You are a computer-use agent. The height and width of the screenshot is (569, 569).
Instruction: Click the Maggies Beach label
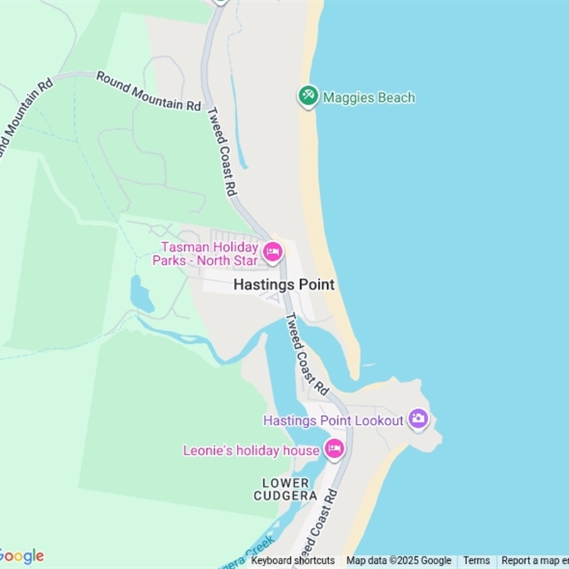point(368,97)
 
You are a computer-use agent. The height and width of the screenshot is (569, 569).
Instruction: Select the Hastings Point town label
point(284,284)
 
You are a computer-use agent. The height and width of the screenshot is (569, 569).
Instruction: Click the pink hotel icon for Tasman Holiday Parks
point(272,252)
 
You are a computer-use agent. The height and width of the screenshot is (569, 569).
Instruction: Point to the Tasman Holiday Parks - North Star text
point(206,254)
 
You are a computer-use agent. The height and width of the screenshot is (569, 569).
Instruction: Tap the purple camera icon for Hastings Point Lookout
point(418,419)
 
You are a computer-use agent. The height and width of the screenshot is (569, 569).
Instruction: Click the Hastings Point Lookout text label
point(333,420)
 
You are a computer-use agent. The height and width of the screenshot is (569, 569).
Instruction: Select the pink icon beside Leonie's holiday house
point(334,449)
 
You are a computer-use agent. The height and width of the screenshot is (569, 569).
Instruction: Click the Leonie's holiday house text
point(251,450)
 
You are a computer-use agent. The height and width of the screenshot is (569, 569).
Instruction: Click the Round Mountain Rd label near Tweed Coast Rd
point(149,90)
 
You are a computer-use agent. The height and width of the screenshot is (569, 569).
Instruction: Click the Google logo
point(21,556)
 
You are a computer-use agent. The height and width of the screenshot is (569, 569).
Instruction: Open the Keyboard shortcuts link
point(293,560)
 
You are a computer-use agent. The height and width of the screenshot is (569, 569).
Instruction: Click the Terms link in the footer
point(477,560)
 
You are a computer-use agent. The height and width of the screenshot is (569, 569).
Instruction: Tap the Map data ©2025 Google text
point(399,560)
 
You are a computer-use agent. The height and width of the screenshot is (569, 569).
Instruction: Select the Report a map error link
point(535,560)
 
